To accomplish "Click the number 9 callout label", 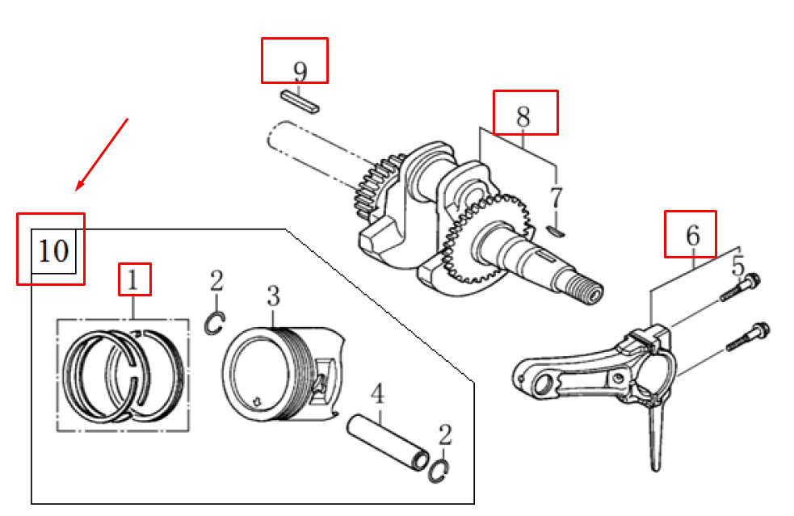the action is point(300,72).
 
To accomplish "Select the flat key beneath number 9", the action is point(300,101).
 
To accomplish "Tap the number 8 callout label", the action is point(523,117).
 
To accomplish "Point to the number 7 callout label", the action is point(556,198).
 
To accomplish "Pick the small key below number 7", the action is point(557,232).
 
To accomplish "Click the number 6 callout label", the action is point(693,236).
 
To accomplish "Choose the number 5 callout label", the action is point(738,266).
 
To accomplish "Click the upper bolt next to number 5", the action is point(741,287).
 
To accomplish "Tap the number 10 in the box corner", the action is point(53,250).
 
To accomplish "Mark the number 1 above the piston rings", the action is point(132,280).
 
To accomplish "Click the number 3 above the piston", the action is point(274,296).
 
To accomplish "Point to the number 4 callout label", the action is point(377,394).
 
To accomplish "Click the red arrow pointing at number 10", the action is point(102,154).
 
